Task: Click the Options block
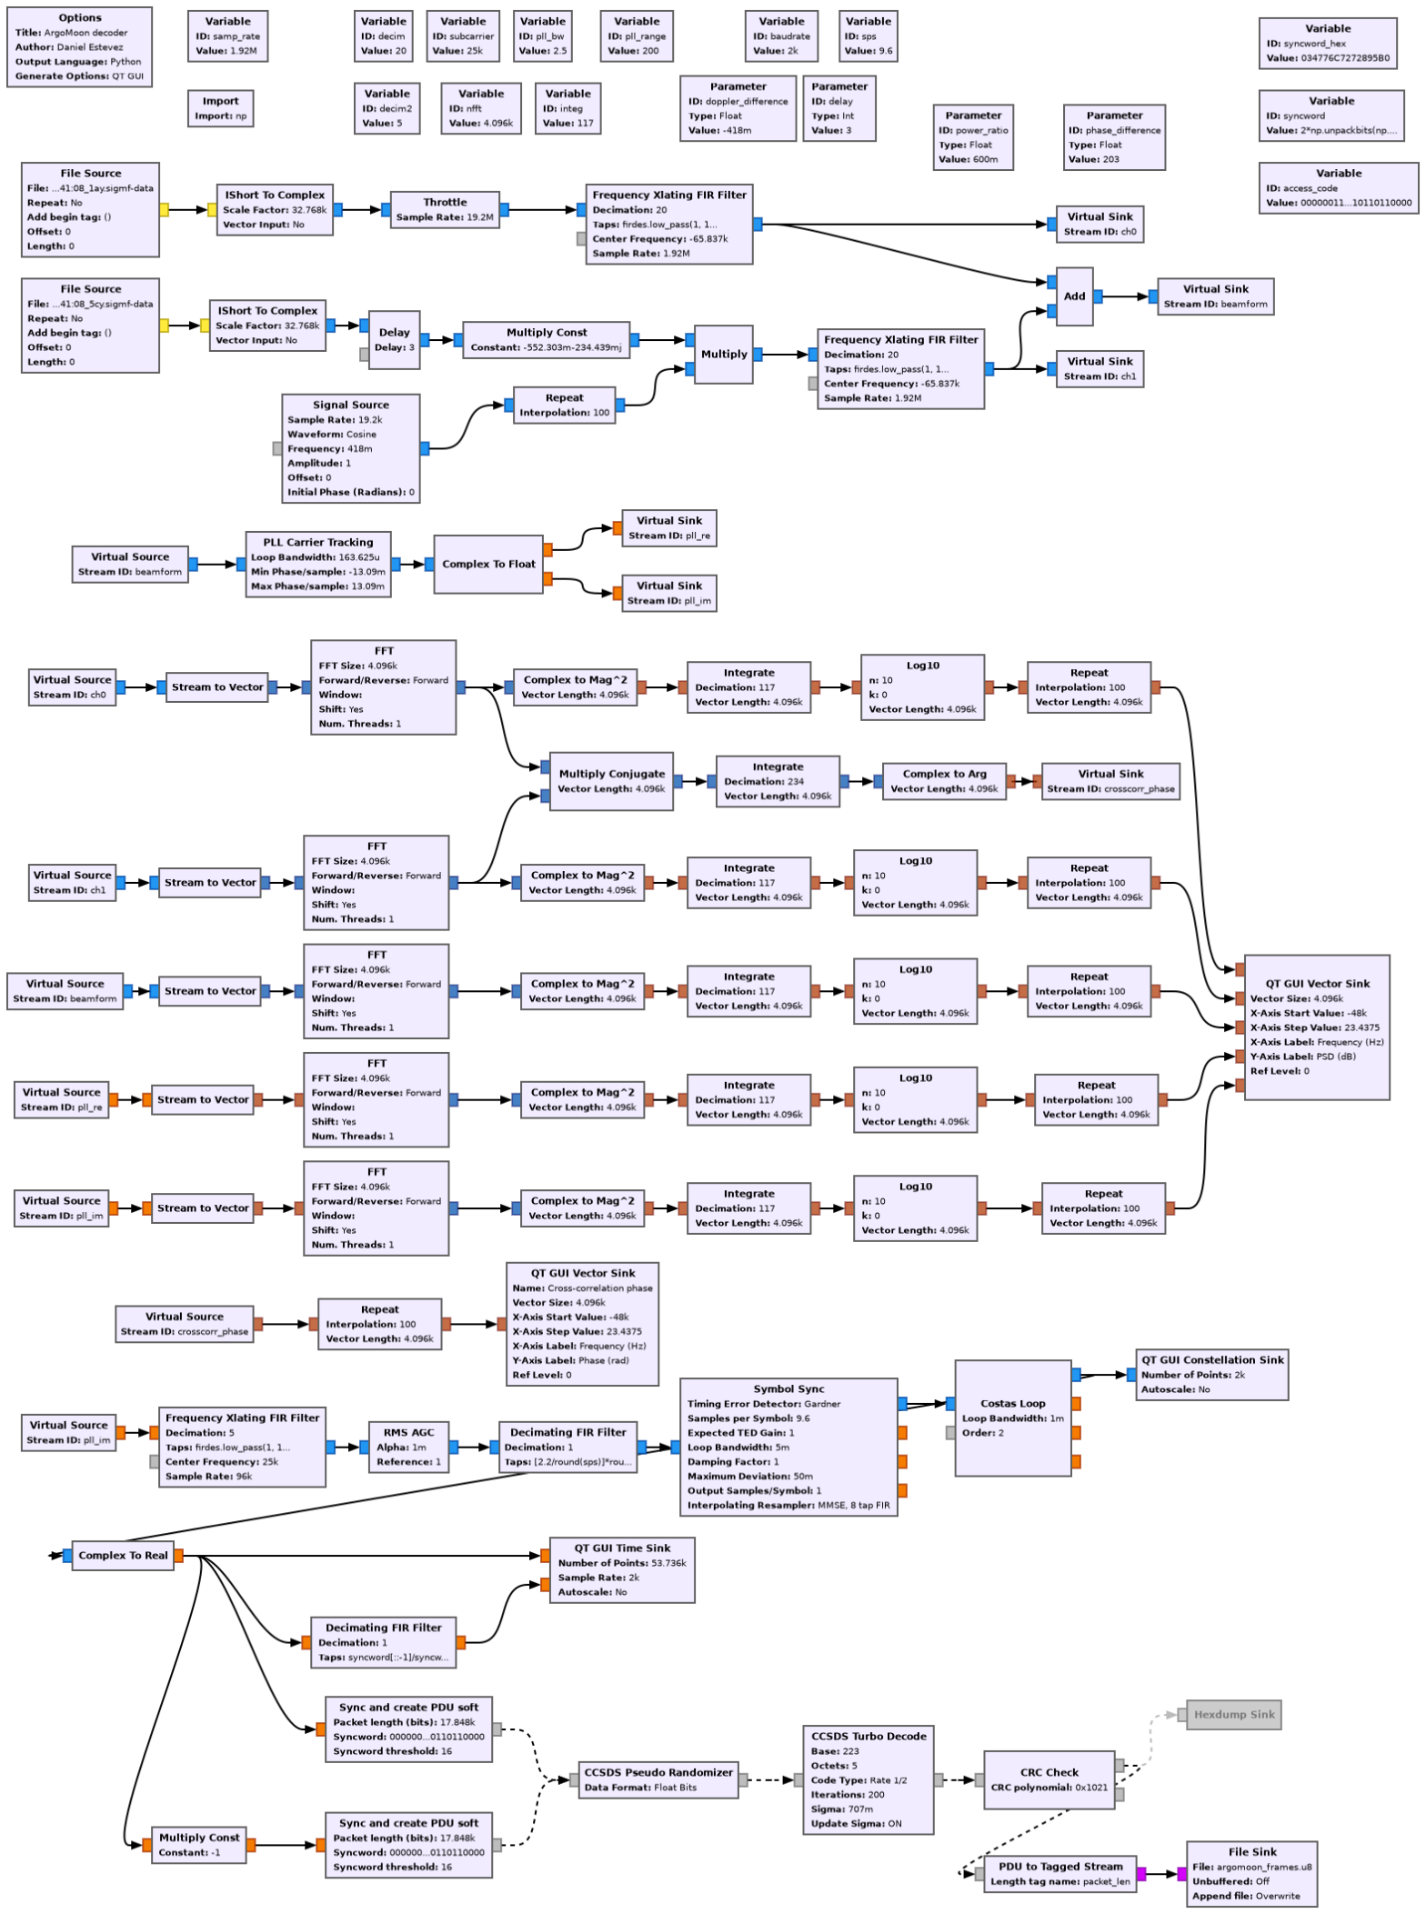[79, 47]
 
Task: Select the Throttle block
[445, 210]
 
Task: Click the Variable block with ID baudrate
[781, 36]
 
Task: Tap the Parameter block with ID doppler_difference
[738, 109]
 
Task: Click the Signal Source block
[350, 448]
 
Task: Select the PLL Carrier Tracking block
[318, 565]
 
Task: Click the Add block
[1074, 296]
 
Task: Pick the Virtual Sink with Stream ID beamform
[1215, 296]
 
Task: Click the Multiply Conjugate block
[611, 781]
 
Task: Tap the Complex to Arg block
[944, 781]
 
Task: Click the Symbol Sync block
[788, 1447]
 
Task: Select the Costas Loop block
[1012, 1418]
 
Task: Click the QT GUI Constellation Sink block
[1211, 1375]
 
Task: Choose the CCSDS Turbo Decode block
[868, 1779]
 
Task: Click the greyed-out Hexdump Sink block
[1233, 1715]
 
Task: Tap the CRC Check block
[1049, 1779]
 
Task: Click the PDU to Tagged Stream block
[1059, 1873]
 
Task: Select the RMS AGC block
[408, 1447]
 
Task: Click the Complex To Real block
[123, 1556]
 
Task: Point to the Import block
[220, 108]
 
